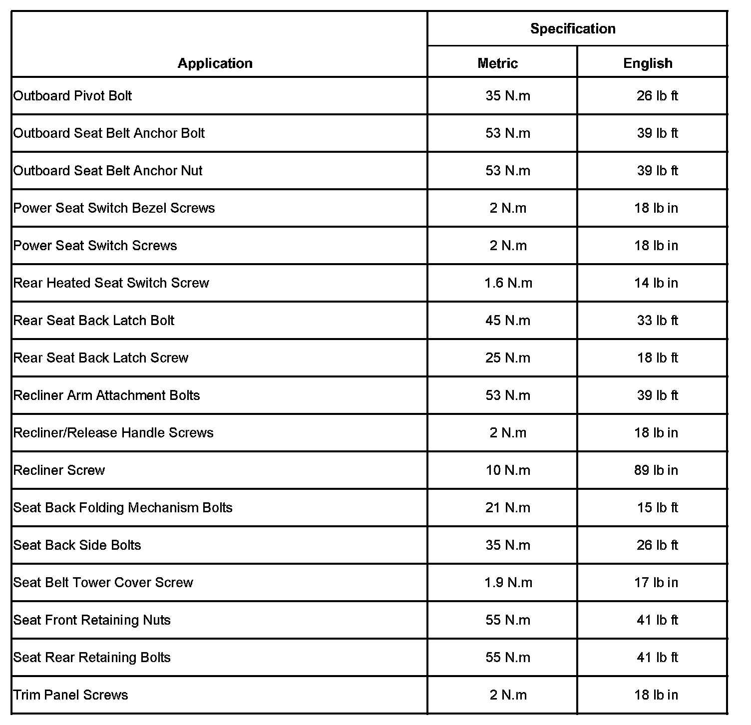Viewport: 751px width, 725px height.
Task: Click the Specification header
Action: coord(573,29)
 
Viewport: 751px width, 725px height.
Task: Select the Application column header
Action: coord(215,63)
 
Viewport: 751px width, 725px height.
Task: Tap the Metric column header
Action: coord(497,63)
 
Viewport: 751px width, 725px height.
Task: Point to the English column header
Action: coord(648,63)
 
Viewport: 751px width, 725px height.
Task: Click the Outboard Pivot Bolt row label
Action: coord(73,96)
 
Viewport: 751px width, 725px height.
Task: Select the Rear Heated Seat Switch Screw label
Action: coord(111,283)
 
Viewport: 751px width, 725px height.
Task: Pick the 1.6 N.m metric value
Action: coord(508,283)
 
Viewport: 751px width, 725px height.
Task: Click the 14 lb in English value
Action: coord(656,283)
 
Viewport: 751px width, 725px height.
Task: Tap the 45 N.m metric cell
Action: coord(508,321)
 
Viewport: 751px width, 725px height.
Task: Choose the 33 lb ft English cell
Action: coord(657,321)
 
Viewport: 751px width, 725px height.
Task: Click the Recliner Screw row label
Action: coord(59,470)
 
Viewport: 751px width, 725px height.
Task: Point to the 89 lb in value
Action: coord(656,470)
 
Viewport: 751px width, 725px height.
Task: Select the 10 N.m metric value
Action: coord(508,470)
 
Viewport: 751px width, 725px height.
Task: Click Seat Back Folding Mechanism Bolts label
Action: coord(123,508)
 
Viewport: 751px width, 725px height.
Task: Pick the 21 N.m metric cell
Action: coord(508,508)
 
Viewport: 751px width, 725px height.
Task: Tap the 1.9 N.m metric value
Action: coord(508,583)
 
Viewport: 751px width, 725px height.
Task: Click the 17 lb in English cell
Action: coord(656,583)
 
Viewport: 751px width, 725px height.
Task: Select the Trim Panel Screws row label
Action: coord(71,695)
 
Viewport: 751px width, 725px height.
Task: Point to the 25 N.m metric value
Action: coord(508,358)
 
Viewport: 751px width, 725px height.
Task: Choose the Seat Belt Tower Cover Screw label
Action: coord(103,583)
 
